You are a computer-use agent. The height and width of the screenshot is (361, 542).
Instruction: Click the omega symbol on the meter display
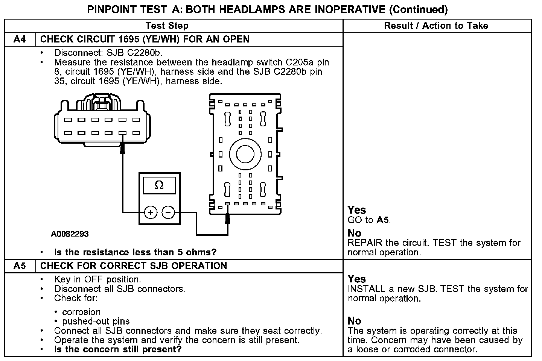pyautogui.click(x=159, y=185)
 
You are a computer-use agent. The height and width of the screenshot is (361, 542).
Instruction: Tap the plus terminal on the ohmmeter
pyautogui.click(x=151, y=213)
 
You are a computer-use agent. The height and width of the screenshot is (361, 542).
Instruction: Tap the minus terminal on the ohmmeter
pyautogui.click(x=168, y=213)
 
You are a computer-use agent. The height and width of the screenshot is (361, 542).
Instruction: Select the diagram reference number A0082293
pyautogui.click(x=70, y=234)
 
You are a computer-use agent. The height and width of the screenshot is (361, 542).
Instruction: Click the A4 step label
pyautogui.click(x=20, y=39)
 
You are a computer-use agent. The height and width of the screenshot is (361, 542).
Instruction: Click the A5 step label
pyautogui.click(x=20, y=266)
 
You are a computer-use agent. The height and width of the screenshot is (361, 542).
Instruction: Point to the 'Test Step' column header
pyautogui.click(x=167, y=26)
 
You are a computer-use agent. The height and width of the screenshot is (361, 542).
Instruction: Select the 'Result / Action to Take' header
pyautogui.click(x=436, y=26)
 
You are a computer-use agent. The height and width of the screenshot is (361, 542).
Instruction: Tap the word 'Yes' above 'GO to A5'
pyautogui.click(x=356, y=210)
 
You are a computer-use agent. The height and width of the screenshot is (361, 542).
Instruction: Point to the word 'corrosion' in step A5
pyautogui.click(x=81, y=312)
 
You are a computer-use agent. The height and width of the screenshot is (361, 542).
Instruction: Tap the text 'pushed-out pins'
pyautogui.click(x=96, y=321)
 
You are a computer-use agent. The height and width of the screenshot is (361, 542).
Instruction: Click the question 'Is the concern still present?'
pyautogui.click(x=118, y=349)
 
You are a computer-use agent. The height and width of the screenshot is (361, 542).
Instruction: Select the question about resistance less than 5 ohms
pyautogui.click(x=135, y=252)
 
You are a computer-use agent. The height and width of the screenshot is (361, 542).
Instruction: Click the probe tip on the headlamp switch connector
pyautogui.click(x=122, y=148)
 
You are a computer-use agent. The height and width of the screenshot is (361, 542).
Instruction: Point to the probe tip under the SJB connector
pyautogui.click(x=227, y=218)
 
